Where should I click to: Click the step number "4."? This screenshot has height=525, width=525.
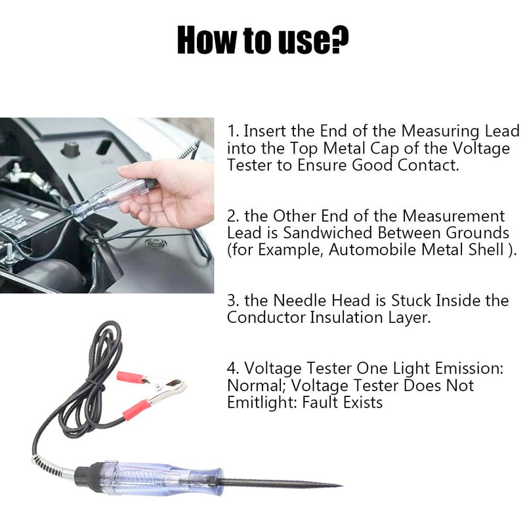233,369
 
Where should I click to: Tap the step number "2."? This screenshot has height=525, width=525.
233,217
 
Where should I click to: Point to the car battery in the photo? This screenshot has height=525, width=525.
26,220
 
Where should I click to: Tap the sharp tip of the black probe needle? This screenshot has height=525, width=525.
338,486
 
